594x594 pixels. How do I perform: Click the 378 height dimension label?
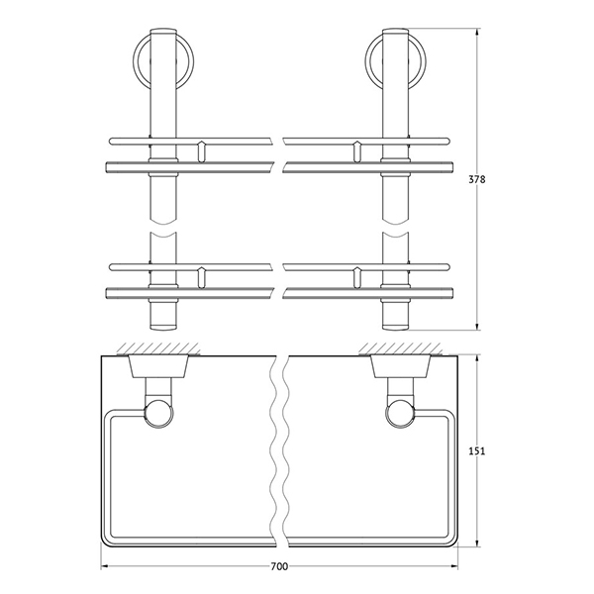click(477, 179)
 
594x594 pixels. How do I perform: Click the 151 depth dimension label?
click(477, 450)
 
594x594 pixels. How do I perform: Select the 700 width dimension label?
click(279, 566)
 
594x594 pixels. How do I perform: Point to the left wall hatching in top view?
click(158, 348)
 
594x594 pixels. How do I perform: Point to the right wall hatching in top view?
click(400, 348)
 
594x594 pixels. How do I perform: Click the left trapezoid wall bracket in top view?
click(158, 366)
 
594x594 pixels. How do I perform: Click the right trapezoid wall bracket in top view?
click(400, 366)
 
